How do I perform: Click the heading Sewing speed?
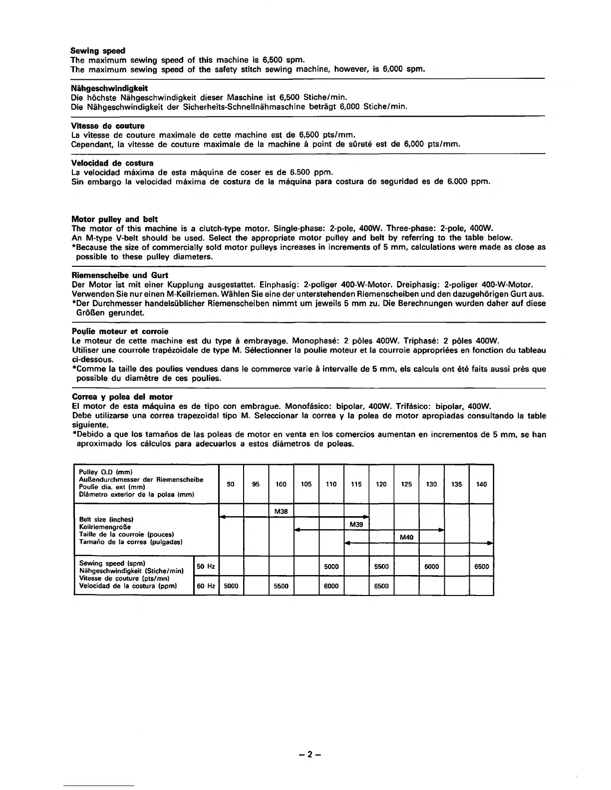coord(98,51)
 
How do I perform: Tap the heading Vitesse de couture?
coord(108,126)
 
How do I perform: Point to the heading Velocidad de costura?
coord(112,163)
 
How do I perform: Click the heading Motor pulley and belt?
coord(115,219)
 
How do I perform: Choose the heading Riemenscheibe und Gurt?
coord(120,275)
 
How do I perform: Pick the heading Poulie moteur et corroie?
coord(120,331)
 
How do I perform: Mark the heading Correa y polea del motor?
coord(122,397)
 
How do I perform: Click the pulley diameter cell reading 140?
coord(481,484)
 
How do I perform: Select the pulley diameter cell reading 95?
coord(256,484)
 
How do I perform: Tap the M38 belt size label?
coord(281,511)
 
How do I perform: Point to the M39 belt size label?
coord(356,524)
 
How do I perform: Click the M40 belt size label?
coord(406,537)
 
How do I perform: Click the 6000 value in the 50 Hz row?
coord(431,567)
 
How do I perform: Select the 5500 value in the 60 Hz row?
coord(281,586)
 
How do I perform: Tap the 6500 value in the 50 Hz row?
coord(481,567)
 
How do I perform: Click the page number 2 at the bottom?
coord(309,755)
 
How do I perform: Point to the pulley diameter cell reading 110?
coord(331,484)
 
